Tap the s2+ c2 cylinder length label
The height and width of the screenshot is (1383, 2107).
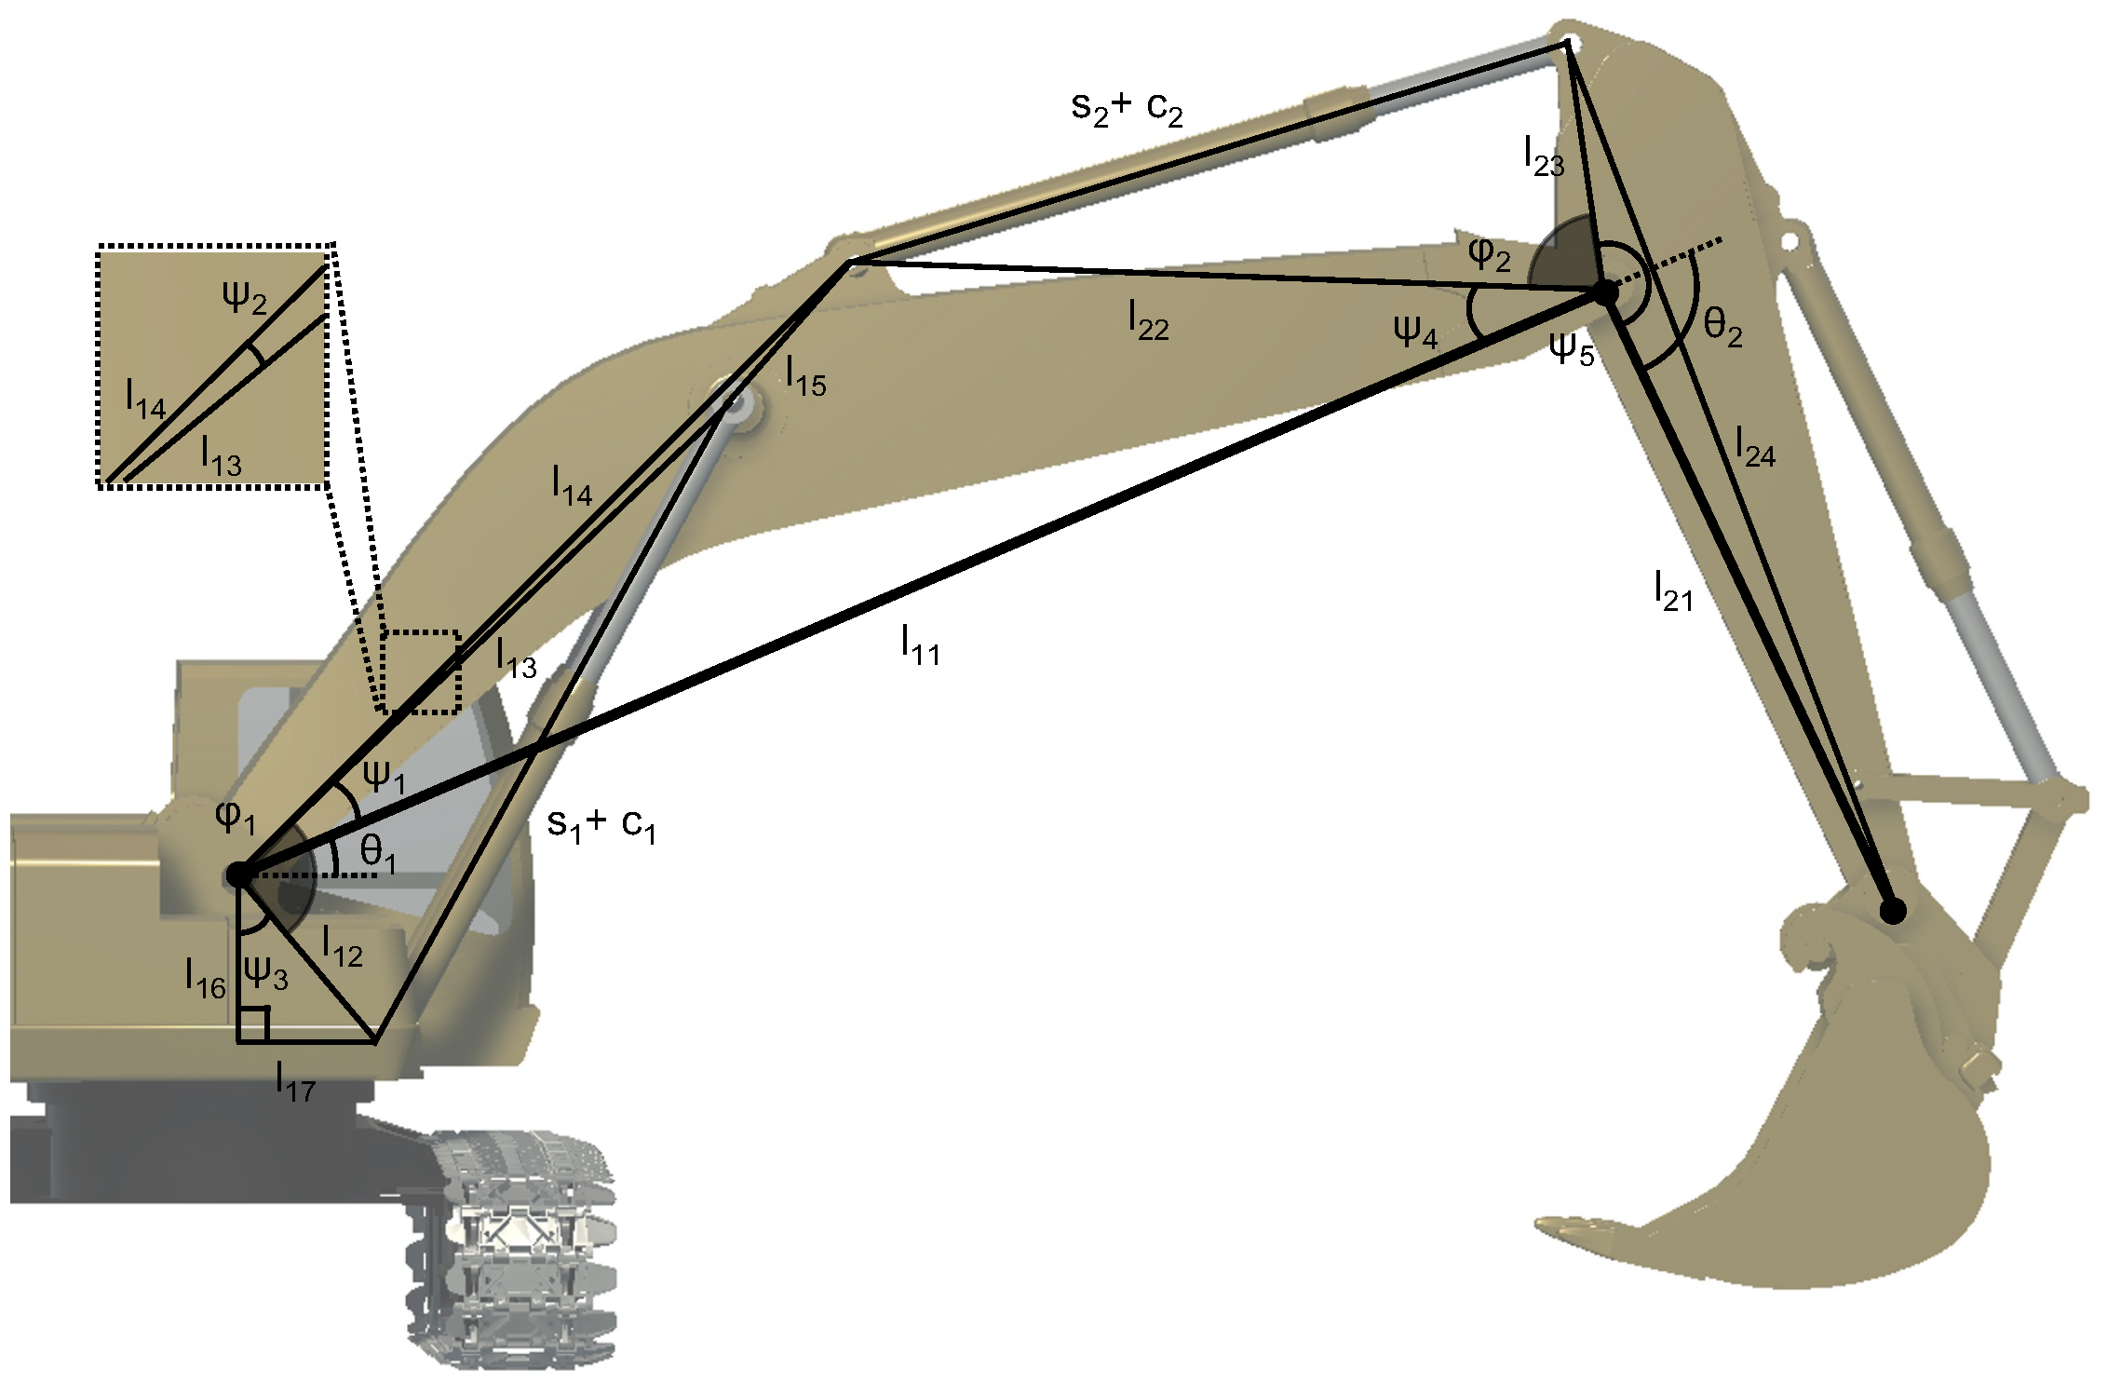pos(1127,109)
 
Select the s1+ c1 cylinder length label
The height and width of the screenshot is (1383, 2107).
pos(601,825)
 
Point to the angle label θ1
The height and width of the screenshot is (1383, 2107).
pos(378,852)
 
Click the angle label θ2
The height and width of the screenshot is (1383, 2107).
pos(1722,327)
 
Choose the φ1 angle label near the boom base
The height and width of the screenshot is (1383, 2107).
pos(235,817)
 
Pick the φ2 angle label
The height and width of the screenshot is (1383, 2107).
pos(1489,253)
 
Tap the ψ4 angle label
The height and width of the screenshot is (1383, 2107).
pos(1415,332)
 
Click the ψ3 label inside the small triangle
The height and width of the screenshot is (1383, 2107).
pos(265,973)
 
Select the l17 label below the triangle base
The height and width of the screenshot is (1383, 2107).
pos(296,1083)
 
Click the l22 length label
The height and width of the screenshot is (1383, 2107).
pos(1148,321)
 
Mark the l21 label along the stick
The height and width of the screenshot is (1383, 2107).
pos(1673,592)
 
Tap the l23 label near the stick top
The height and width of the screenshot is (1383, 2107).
pos(1544,156)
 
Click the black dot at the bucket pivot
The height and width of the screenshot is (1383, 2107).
pos(1893,911)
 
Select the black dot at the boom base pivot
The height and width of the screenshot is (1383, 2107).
pos(238,875)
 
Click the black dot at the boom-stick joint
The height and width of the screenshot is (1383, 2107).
pos(1605,292)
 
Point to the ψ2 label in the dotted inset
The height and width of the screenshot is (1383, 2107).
pos(244,298)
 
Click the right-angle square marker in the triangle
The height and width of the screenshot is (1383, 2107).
pos(254,1024)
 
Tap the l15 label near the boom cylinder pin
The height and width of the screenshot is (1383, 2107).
pos(805,377)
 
